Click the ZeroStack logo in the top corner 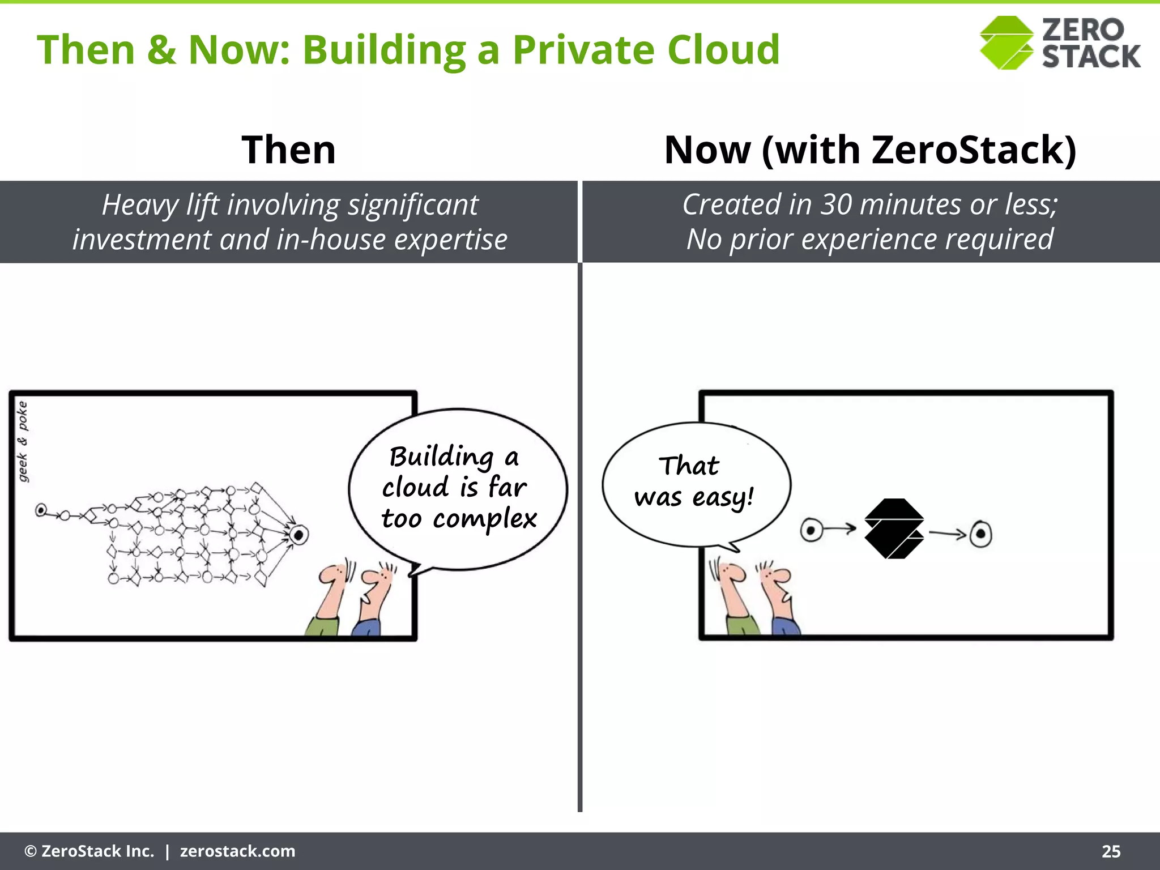click(x=1060, y=43)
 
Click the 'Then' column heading click(x=289, y=150)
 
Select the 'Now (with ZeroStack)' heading click(x=870, y=150)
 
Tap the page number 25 click(x=1111, y=851)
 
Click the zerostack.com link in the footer click(x=237, y=851)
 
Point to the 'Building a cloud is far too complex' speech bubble click(x=458, y=488)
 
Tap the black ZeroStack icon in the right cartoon click(x=894, y=529)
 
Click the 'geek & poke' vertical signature click(x=22, y=441)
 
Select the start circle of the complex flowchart click(x=41, y=510)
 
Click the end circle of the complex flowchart click(x=298, y=534)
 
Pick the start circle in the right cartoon click(x=811, y=531)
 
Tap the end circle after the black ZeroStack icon click(x=980, y=534)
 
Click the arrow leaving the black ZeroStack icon click(x=947, y=533)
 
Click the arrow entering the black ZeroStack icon click(x=841, y=530)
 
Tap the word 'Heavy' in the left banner click(x=140, y=205)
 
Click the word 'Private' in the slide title click(x=584, y=50)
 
